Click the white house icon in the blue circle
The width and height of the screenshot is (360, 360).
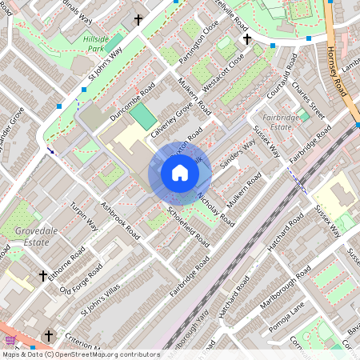point(180,173)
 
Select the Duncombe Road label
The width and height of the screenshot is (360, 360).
point(132,105)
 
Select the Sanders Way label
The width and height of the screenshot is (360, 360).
point(237,154)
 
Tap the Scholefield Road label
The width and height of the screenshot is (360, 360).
point(189,226)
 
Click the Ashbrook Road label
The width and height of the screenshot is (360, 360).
point(120,220)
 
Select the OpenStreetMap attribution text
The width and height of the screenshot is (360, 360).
point(80,354)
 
